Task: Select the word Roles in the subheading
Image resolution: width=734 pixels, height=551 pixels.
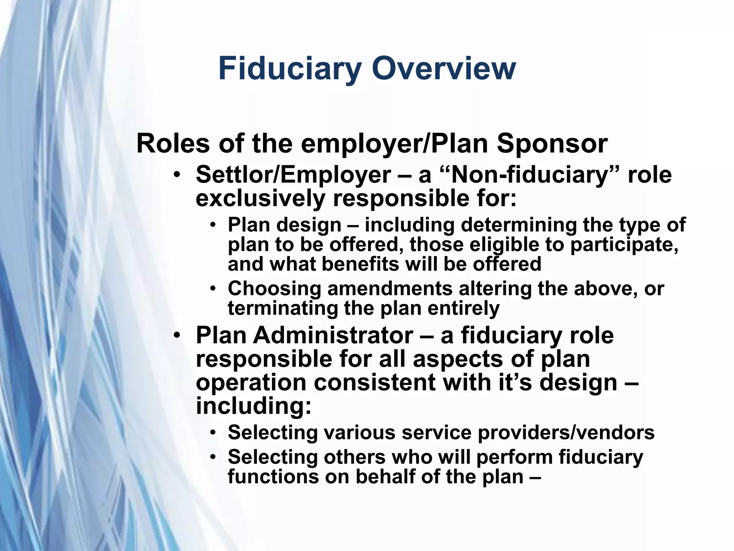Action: click(x=173, y=143)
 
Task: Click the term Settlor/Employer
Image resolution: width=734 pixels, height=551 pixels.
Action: click(x=293, y=175)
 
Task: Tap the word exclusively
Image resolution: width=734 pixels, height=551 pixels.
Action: click(x=260, y=198)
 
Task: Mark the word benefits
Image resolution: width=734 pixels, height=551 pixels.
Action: click(x=360, y=264)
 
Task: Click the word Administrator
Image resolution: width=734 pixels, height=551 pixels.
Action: click(x=333, y=335)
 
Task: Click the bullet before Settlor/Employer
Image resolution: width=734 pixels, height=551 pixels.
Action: click(x=176, y=176)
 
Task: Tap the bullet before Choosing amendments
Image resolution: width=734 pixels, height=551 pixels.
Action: click(x=214, y=289)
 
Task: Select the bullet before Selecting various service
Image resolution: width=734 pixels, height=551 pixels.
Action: click(x=214, y=433)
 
